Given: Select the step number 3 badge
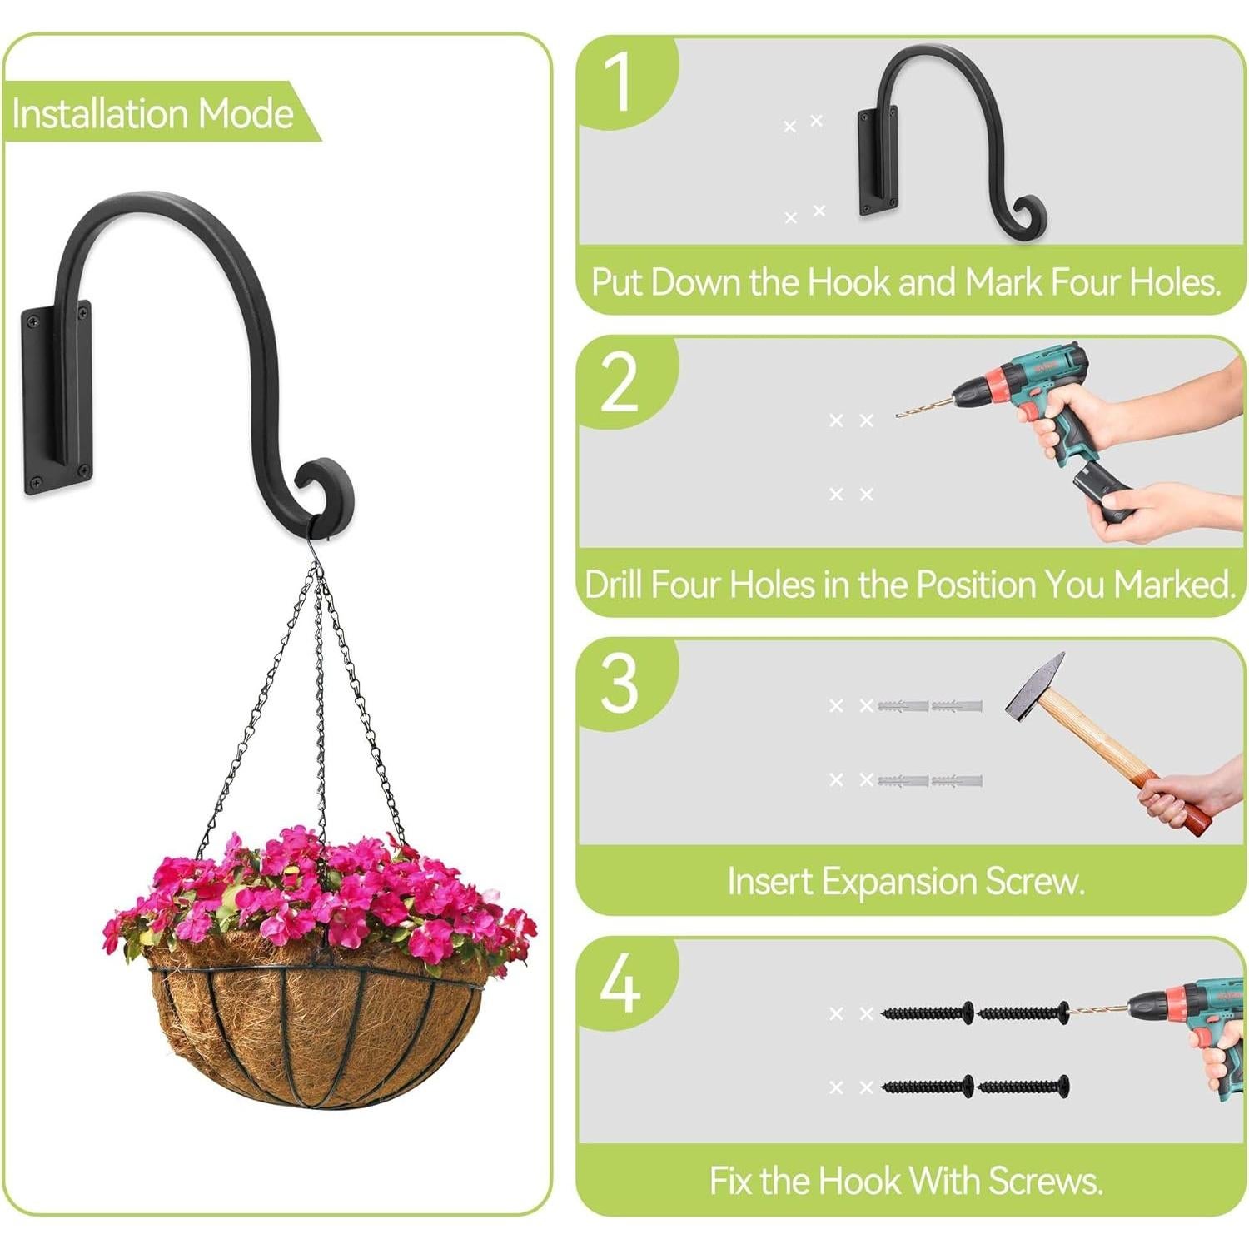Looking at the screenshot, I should pyautogui.click(x=620, y=684).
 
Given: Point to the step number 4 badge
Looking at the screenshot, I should pyautogui.click(x=620, y=984).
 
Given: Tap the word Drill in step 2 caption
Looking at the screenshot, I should pyautogui.click(x=615, y=585).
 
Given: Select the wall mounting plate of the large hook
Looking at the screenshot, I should pyautogui.click(x=57, y=400).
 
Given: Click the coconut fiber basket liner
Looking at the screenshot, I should pyautogui.click(x=316, y=1033).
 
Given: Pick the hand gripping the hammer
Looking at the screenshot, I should pyautogui.click(x=1182, y=795).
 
